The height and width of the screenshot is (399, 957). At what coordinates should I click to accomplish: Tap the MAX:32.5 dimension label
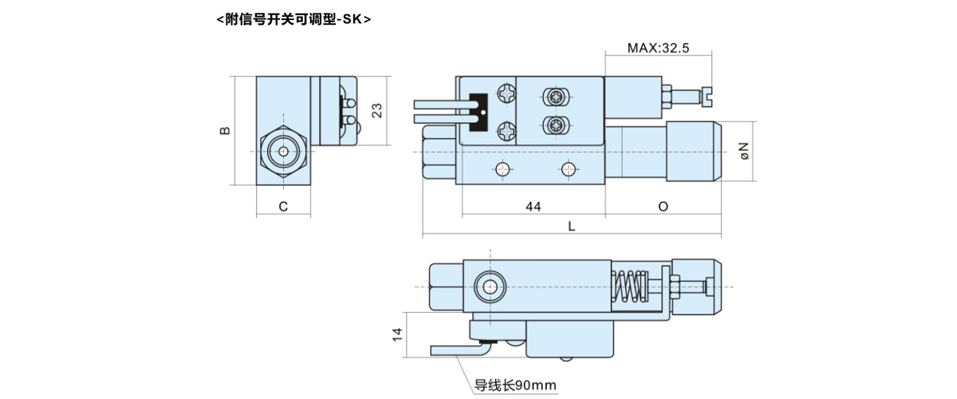pyautogui.click(x=657, y=48)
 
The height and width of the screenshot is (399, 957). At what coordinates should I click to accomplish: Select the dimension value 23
pyautogui.click(x=378, y=109)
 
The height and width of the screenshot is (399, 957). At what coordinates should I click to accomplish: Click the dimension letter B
pyautogui.click(x=226, y=130)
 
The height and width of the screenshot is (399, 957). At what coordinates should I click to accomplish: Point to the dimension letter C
pyautogui.click(x=283, y=207)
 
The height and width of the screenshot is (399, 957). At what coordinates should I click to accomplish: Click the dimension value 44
pyautogui.click(x=534, y=207)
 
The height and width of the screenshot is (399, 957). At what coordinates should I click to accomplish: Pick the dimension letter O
pyautogui.click(x=663, y=207)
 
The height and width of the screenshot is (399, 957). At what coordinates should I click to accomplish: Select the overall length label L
pyautogui.click(x=571, y=227)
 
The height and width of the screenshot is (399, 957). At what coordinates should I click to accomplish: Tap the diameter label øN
pyautogui.click(x=743, y=149)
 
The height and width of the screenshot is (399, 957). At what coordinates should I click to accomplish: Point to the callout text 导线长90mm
pyautogui.click(x=514, y=386)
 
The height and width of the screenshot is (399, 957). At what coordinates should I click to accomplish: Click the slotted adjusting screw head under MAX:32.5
pyautogui.click(x=705, y=96)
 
